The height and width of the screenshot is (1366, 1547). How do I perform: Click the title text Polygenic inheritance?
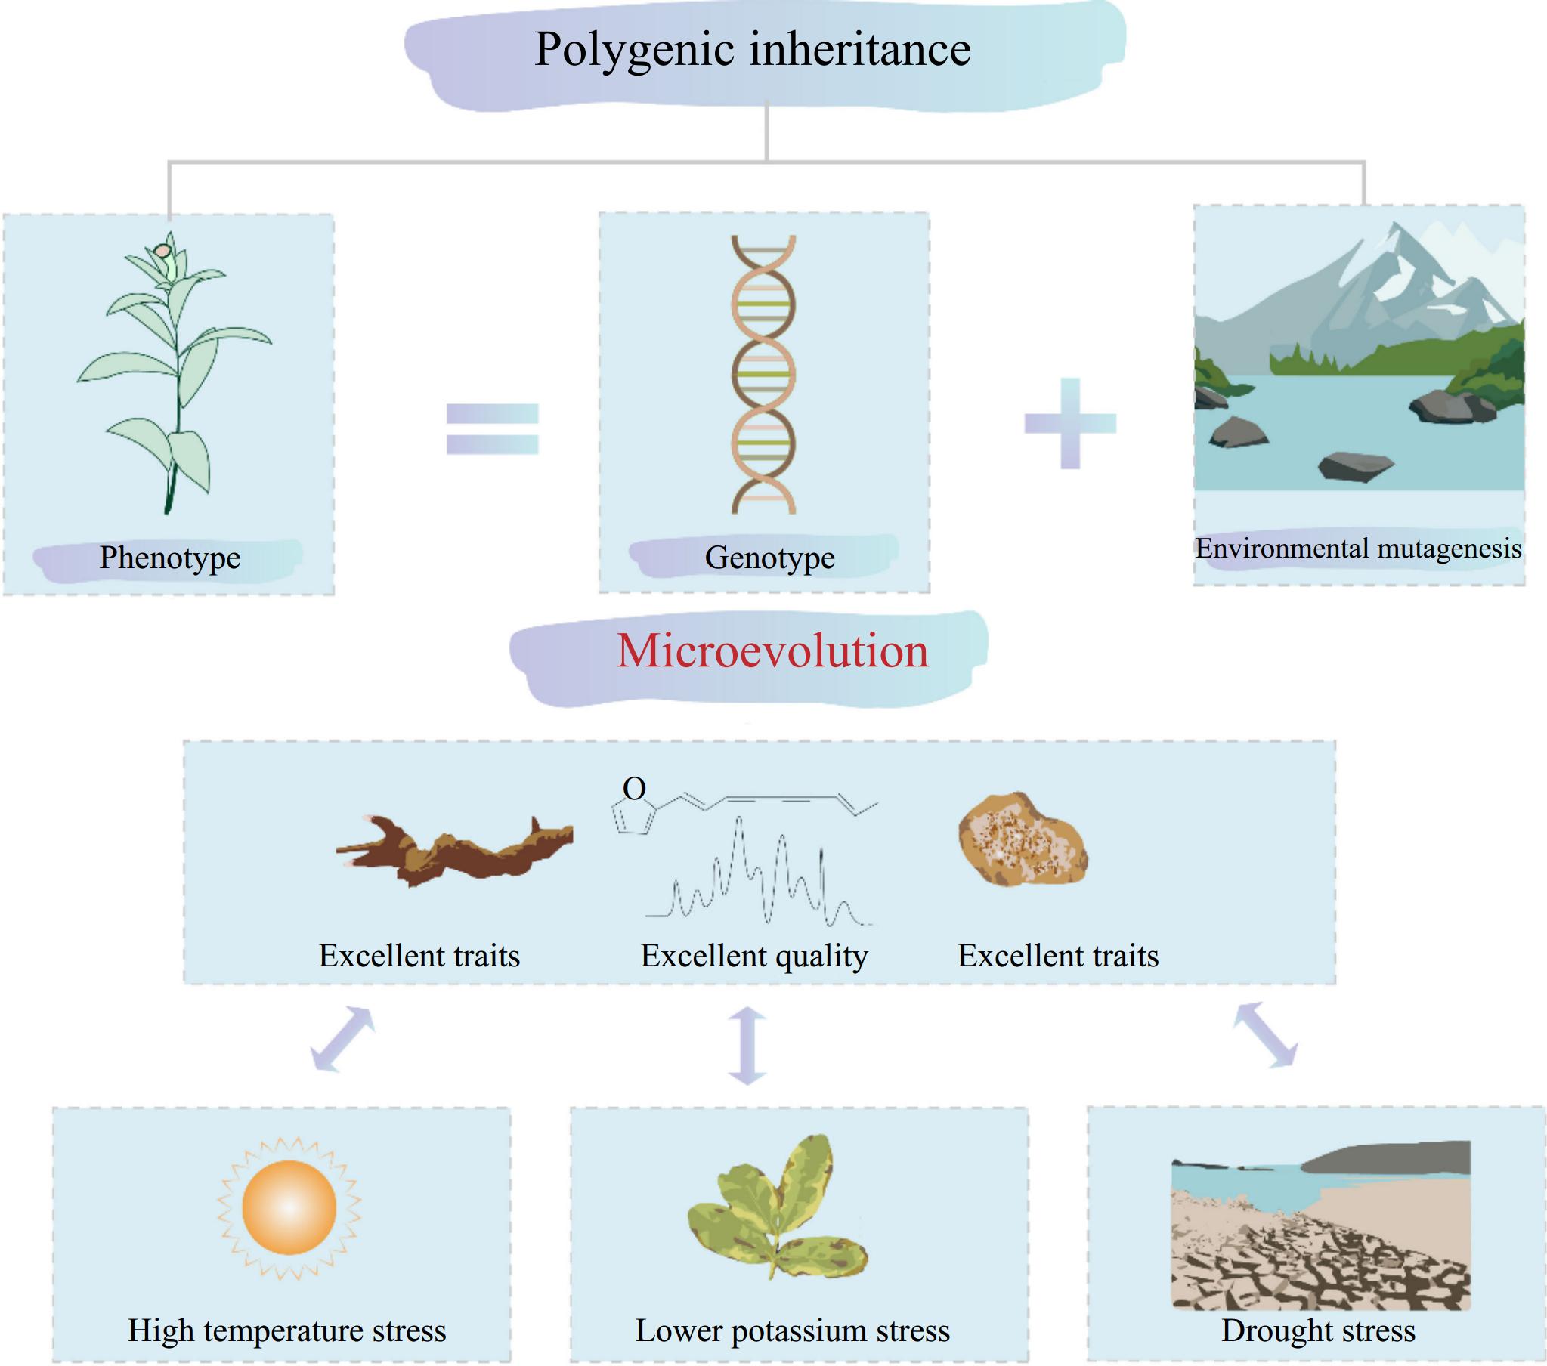tap(752, 50)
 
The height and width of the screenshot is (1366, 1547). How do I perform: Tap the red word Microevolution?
tap(772, 651)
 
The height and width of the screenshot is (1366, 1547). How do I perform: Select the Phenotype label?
tap(169, 558)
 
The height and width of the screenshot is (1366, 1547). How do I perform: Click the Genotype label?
tap(769, 558)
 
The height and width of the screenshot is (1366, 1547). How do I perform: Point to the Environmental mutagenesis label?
tap(1358, 549)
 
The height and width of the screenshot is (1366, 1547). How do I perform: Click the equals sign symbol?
tap(492, 429)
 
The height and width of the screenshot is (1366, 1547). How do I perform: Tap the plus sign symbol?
tap(1070, 423)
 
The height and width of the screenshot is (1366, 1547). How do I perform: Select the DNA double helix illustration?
tap(763, 375)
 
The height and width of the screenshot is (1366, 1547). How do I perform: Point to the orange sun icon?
tap(289, 1207)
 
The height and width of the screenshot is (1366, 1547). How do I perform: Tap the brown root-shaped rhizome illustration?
tap(454, 851)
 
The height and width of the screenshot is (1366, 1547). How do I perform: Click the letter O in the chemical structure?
tap(634, 790)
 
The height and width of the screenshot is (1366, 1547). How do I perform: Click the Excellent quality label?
tap(753, 956)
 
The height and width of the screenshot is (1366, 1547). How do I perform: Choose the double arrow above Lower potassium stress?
tap(747, 1045)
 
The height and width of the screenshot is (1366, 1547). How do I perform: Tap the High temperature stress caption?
tap(287, 1330)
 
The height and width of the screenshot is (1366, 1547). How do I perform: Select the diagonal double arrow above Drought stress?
tap(1265, 1035)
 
